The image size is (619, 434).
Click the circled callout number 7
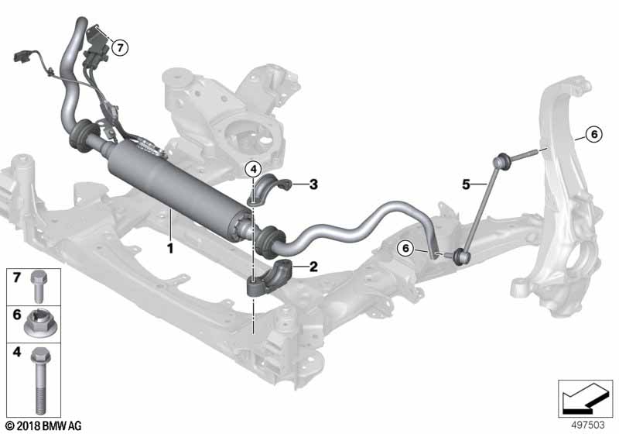118,47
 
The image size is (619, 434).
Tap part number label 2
313,267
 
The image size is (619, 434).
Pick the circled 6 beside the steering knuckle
593,135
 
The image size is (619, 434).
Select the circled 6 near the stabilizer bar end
405,248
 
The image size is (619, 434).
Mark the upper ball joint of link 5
501,161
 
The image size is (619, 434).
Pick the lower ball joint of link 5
462,253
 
